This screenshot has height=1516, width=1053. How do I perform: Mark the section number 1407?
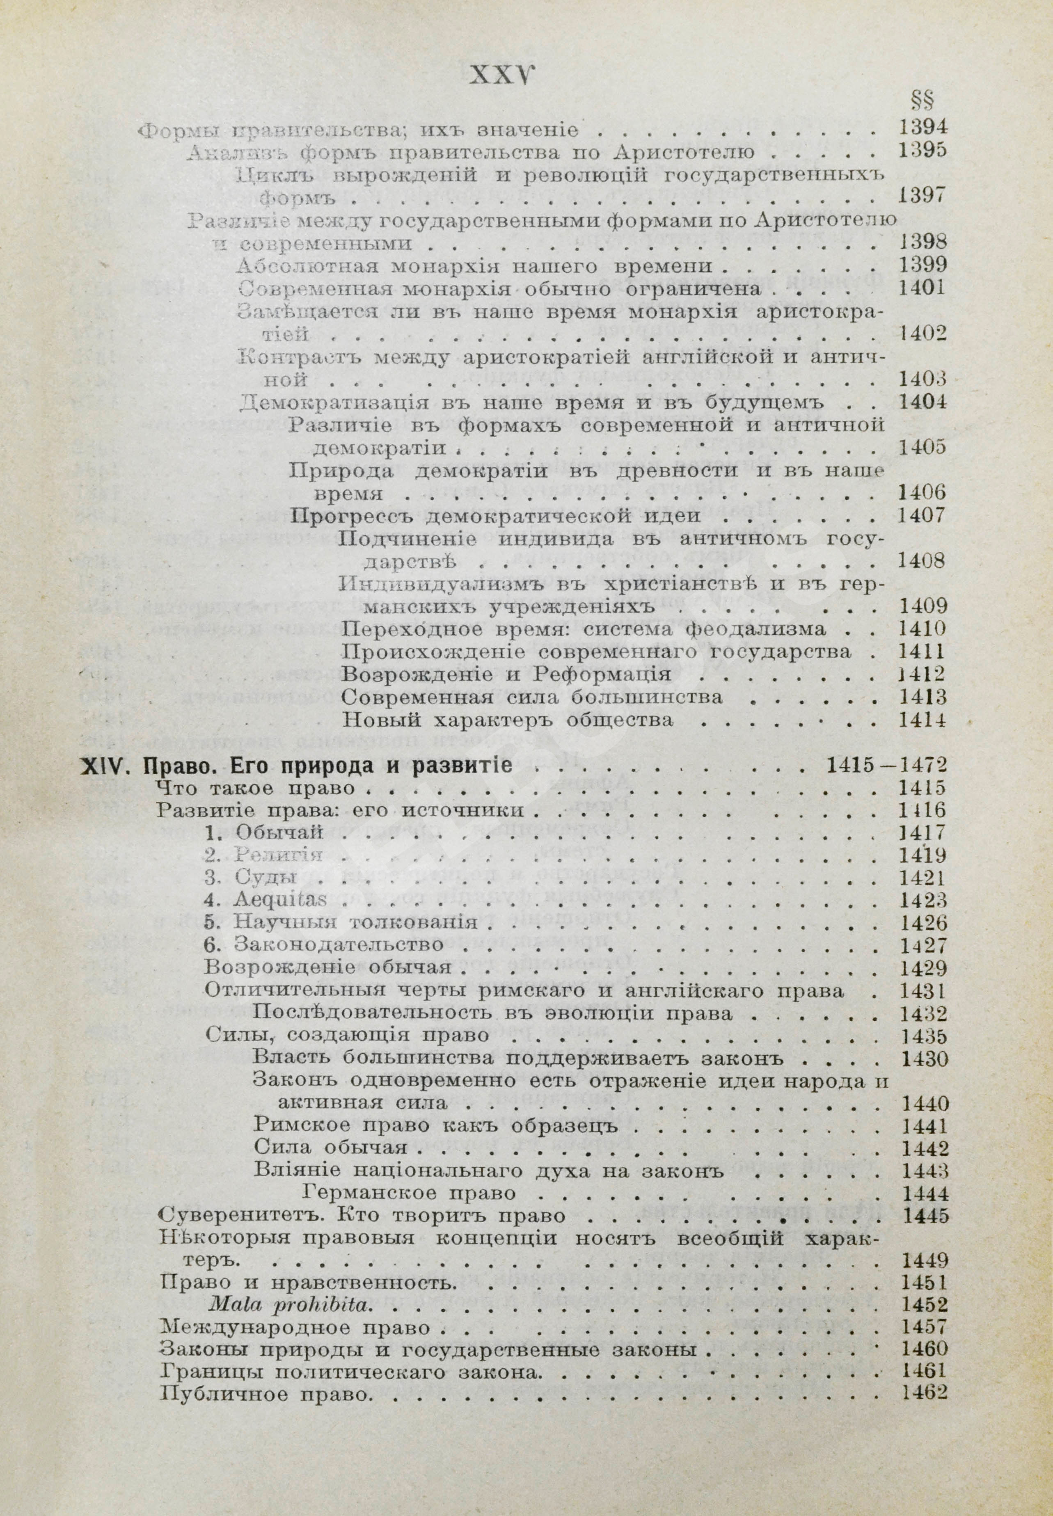pyautogui.click(x=923, y=516)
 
